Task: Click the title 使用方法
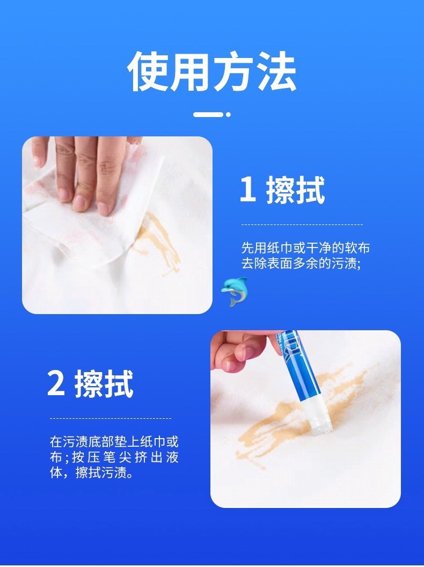click(212, 71)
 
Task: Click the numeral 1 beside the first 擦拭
click(248, 190)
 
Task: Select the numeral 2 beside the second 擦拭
click(56, 384)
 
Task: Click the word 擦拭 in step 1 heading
click(295, 190)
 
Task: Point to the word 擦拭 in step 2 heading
click(104, 384)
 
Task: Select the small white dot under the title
click(228, 114)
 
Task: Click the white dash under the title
click(208, 114)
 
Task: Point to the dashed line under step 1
click(302, 224)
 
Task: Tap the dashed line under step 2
click(110, 418)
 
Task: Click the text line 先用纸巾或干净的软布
click(305, 248)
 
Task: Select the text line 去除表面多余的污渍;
click(301, 263)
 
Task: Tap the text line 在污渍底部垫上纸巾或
click(114, 442)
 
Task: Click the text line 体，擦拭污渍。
click(91, 473)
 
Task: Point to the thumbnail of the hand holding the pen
click(305, 419)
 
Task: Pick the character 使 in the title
click(148, 71)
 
